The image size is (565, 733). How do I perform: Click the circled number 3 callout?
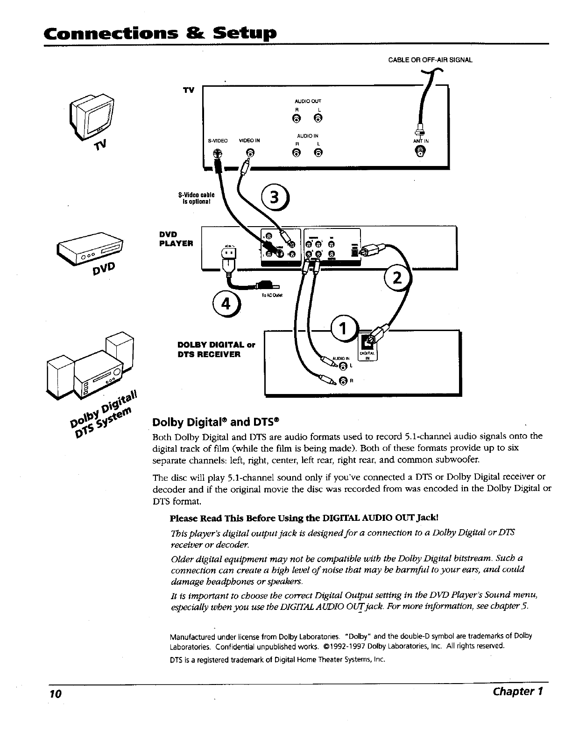[x=276, y=198]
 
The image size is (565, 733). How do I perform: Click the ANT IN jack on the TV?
[x=421, y=151]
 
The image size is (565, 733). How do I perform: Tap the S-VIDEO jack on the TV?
[x=217, y=152]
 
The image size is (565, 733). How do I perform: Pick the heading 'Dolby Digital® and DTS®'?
[x=216, y=422]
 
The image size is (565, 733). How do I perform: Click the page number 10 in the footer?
[x=56, y=693]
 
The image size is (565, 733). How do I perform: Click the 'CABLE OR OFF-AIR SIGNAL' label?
[x=431, y=60]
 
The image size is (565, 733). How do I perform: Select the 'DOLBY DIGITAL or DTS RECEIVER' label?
[x=216, y=350]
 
